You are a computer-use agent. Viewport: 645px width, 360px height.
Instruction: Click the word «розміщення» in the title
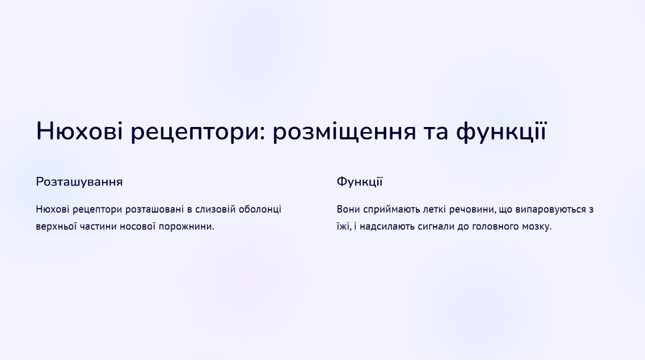(x=344, y=132)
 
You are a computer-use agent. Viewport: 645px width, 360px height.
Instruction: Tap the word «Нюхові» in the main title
(x=79, y=131)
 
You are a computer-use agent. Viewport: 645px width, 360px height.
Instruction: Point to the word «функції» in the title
(x=501, y=132)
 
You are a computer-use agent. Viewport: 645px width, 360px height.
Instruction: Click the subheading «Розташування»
(x=79, y=182)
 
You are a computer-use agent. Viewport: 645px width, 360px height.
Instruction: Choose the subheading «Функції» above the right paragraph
(x=360, y=181)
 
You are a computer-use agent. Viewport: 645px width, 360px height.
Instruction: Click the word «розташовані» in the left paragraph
(x=154, y=210)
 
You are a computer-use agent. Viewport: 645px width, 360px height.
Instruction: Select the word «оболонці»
(x=260, y=210)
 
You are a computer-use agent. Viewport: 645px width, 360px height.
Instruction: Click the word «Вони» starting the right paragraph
(x=348, y=210)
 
